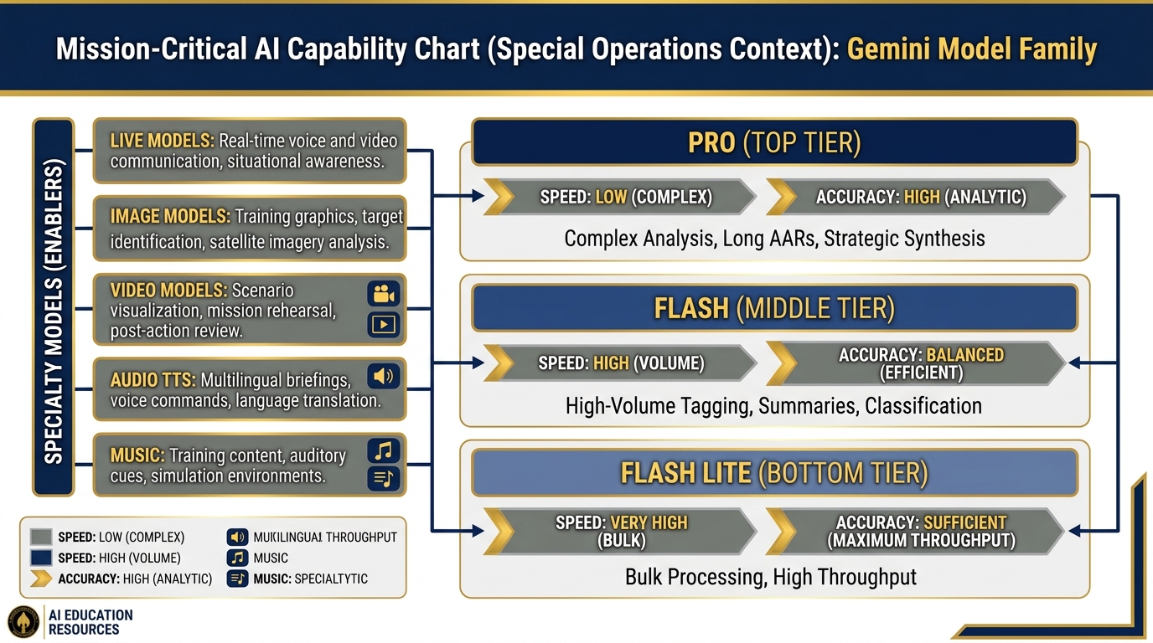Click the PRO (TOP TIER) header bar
pyautogui.click(x=773, y=142)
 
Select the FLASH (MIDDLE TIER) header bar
pyautogui.click(x=773, y=309)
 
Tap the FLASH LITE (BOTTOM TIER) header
pyautogui.click(x=773, y=473)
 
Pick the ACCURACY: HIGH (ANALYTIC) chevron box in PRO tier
pyautogui.click(x=915, y=198)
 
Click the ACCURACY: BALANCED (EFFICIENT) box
pyautogui.click(x=915, y=363)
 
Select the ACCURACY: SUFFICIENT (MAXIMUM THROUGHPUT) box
pyautogui.click(x=915, y=531)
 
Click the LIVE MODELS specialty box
pyautogui.click(x=249, y=151)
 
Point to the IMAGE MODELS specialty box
pyautogui.click(x=249, y=229)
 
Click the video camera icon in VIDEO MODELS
pyautogui.click(x=384, y=294)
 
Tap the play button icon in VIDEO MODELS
pyautogui.click(x=384, y=324)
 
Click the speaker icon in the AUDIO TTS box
pyautogui.click(x=384, y=376)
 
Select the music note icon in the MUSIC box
pyautogui.click(x=384, y=451)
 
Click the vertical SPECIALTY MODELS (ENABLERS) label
pyautogui.click(x=53, y=306)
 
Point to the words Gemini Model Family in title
pyautogui.click(x=971, y=49)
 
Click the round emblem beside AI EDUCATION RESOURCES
pyautogui.click(x=23, y=622)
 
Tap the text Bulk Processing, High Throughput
pyautogui.click(x=771, y=577)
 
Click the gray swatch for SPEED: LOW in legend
pyautogui.click(x=40, y=537)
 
